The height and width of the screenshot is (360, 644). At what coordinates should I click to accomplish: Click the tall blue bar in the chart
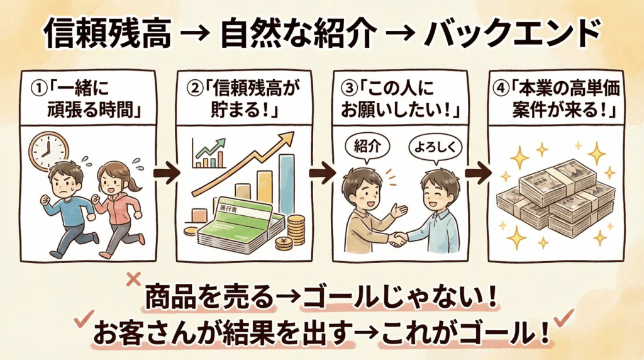286,183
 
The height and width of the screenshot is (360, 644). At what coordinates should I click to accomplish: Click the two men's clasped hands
397,239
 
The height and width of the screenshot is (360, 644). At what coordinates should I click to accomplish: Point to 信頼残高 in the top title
108,35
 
